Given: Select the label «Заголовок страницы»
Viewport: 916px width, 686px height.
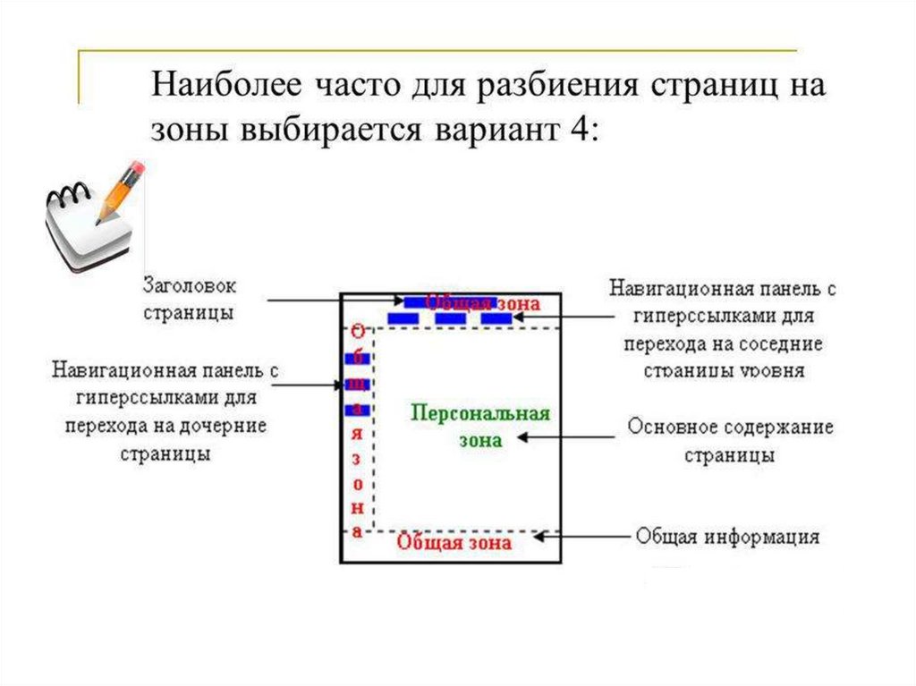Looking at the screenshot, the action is (190, 300).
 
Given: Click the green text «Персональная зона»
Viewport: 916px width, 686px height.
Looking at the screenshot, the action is (480, 426).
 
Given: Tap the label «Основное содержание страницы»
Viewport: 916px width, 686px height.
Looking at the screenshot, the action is (729, 439).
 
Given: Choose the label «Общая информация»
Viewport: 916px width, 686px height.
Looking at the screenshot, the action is (727, 537).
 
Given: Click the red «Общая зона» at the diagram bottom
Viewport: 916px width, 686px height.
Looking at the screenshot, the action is (454, 542).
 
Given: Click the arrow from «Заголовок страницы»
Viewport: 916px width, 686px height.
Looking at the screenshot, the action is (335, 301).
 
